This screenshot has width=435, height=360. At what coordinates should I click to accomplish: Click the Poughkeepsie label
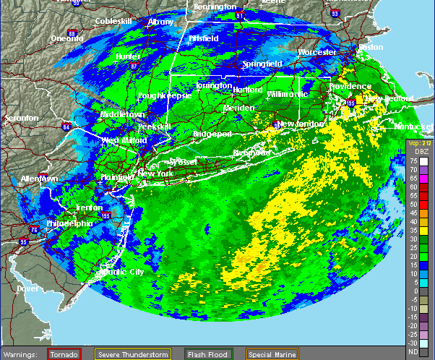164,95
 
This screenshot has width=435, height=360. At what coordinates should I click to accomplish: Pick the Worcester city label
317,52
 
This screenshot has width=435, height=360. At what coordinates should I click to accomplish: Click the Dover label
27,288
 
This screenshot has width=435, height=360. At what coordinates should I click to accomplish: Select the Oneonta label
67,38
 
